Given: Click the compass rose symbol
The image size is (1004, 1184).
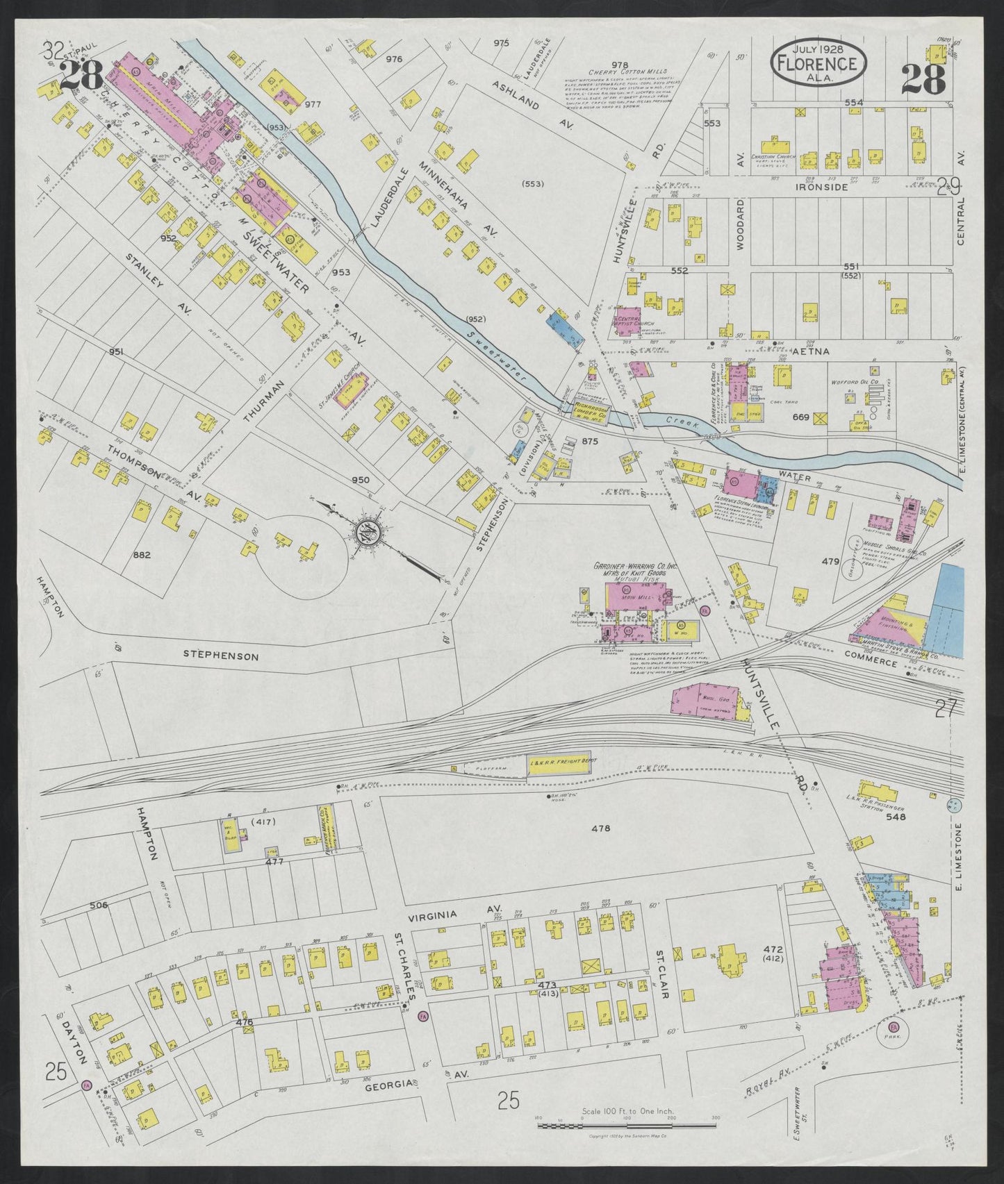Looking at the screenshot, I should [366, 533].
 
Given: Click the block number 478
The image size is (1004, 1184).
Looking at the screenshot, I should [600, 828].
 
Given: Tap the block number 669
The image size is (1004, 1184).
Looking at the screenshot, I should [801, 417].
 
